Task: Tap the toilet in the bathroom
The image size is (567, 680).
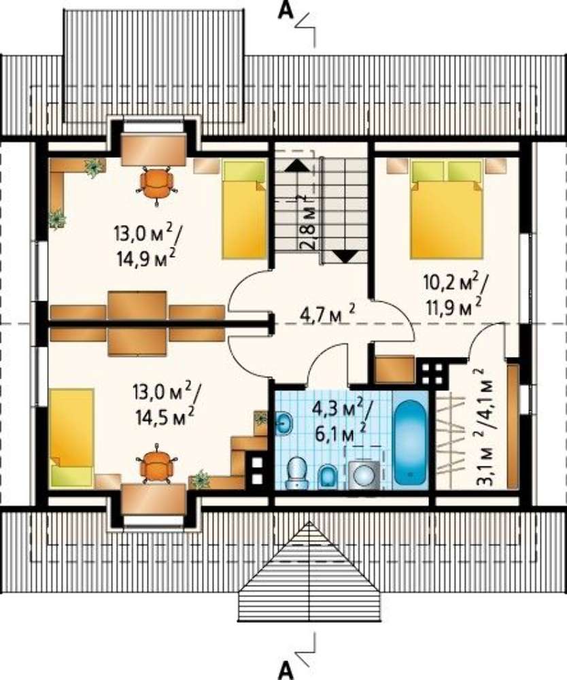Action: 297,473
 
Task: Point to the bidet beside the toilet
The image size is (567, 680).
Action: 328,477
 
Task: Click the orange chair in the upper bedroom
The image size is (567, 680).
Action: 156,184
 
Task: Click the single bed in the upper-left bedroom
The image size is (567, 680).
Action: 244,209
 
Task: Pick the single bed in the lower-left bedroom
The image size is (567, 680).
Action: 71,437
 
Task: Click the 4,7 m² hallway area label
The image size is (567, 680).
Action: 328,312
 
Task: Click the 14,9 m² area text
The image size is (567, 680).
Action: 145,258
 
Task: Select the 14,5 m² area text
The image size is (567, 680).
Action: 165,417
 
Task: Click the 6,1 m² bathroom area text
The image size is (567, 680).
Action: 341,432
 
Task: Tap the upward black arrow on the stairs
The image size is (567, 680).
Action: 296,165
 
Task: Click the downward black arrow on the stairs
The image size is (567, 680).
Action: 347,257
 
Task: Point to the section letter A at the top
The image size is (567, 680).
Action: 286,10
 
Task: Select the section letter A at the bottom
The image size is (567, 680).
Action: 286,670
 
